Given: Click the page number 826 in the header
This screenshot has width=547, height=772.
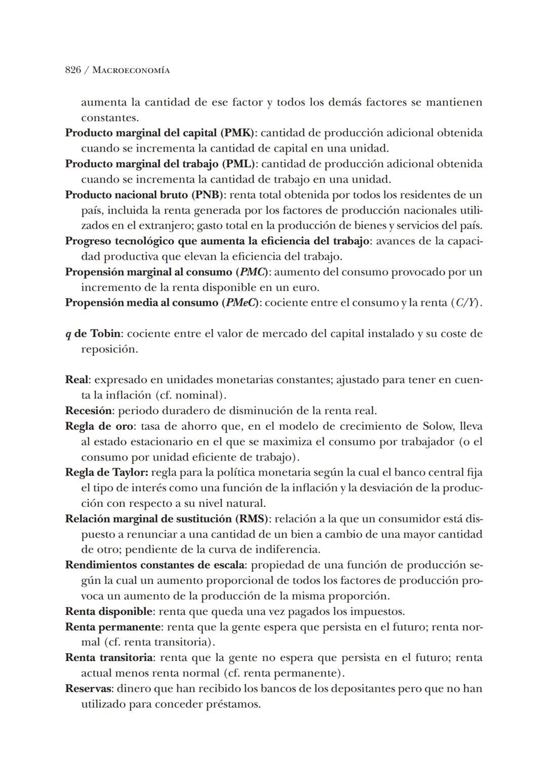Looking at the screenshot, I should coord(73,70).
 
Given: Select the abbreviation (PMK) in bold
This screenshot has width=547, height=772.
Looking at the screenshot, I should coord(238,133).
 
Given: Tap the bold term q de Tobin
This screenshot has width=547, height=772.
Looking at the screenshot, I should coord(93,334).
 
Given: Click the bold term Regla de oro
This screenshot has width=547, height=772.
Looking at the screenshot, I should coord(99,426).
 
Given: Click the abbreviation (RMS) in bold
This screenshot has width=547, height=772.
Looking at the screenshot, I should coord(252,519).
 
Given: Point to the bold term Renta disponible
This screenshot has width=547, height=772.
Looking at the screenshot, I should coord(108,611).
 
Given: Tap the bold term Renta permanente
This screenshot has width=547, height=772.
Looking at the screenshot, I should coord(113,627).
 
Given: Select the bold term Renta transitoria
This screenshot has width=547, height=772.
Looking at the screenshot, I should coord(109,658).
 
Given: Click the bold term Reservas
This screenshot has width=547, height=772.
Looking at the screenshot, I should coord(88,689).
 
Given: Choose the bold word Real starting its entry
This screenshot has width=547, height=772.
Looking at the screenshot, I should coord(77,380).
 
